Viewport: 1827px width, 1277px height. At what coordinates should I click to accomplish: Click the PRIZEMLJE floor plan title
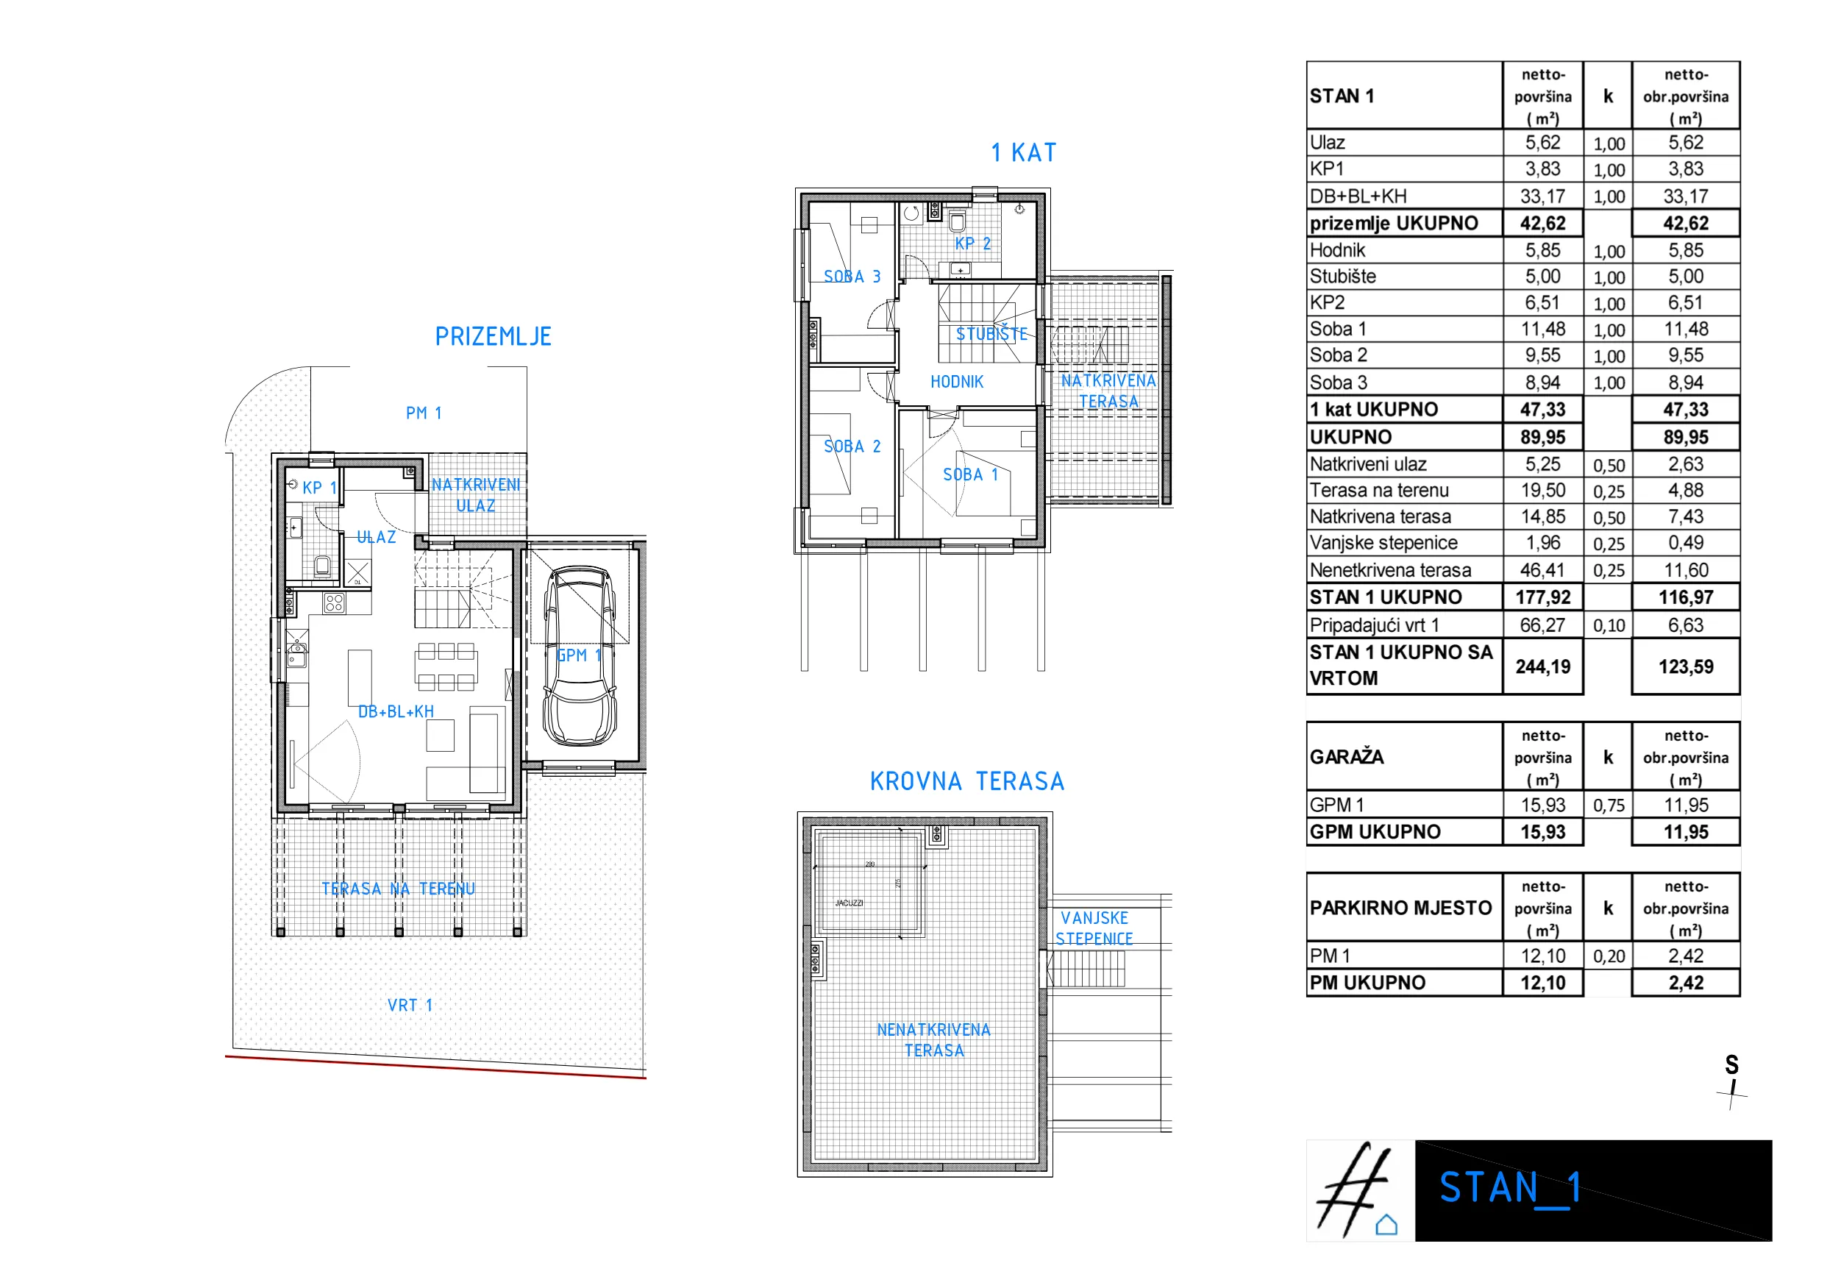pos(493,338)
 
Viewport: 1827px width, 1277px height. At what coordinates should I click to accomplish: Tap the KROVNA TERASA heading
pos(966,781)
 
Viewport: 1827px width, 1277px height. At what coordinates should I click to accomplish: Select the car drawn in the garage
pos(580,655)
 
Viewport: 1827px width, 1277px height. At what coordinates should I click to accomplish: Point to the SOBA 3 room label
pos(852,277)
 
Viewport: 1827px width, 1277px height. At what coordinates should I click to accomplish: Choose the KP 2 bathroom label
pos(972,244)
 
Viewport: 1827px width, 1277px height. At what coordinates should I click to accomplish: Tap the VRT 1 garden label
pos(410,1005)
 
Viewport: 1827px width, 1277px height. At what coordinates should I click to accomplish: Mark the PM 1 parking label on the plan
pos(424,413)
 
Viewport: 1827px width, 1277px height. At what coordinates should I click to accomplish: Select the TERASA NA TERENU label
pos(398,889)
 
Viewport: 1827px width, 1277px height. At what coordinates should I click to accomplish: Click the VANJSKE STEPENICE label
pos(1094,928)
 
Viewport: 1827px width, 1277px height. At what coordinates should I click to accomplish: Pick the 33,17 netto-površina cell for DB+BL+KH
pos(1542,196)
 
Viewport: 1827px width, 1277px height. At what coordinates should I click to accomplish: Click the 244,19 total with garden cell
pos(1542,666)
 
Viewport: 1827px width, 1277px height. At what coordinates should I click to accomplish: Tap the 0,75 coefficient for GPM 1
pos(1608,805)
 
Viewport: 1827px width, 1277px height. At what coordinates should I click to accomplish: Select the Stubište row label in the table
pos(1342,277)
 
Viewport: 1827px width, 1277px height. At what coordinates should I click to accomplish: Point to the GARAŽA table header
pos(1347,757)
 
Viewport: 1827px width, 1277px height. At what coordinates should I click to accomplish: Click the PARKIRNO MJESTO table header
pos(1400,908)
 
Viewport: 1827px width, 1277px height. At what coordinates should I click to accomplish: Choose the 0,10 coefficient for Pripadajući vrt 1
pos(1608,625)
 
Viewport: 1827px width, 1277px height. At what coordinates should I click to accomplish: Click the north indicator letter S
pos(1731,1064)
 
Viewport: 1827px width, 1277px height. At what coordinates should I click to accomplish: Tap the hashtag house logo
pos(1359,1191)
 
